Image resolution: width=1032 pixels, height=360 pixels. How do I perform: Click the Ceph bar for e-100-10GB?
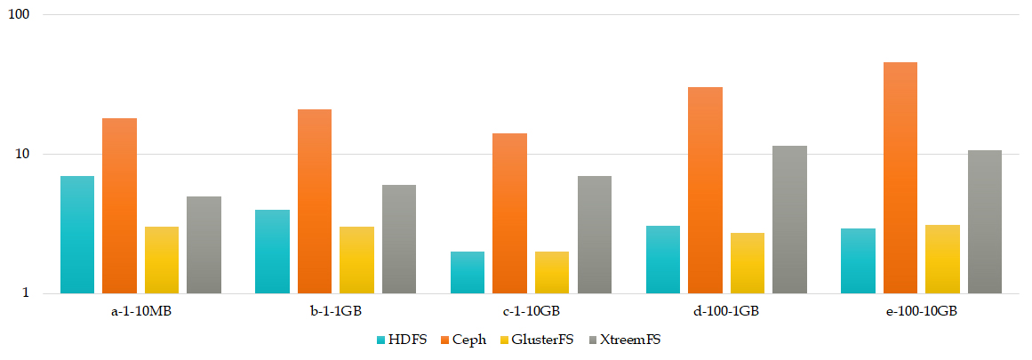(900, 178)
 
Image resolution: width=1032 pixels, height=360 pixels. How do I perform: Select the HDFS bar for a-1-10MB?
(77, 235)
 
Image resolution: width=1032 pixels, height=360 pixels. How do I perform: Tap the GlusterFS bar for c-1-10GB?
(552, 272)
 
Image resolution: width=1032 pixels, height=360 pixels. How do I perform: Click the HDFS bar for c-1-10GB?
(468, 272)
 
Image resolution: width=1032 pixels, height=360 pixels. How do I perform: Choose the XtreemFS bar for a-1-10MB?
(204, 244)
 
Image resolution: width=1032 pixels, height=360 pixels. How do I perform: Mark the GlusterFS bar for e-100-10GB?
(942, 259)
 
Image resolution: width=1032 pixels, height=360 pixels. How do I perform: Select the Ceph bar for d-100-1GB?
(705, 190)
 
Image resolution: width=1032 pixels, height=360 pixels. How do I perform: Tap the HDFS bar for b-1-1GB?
(272, 252)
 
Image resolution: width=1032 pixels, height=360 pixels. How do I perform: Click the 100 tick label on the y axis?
(19, 16)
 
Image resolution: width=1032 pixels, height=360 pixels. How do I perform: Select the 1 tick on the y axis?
(27, 293)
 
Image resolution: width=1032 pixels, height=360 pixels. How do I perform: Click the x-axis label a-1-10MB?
(140, 312)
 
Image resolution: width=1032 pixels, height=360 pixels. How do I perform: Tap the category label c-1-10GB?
(531, 312)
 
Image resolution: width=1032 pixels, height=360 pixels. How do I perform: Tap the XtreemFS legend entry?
(623, 340)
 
